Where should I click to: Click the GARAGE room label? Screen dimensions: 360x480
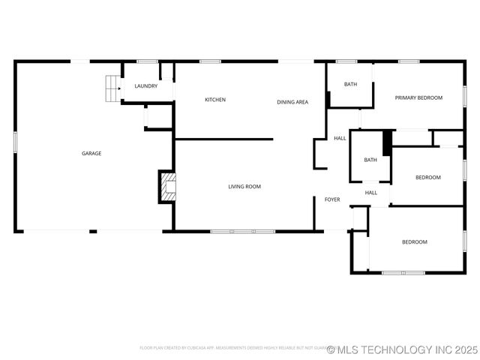[x=91, y=154]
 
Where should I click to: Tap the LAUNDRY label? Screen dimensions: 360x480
[x=146, y=86]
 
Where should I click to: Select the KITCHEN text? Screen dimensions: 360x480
[x=215, y=100]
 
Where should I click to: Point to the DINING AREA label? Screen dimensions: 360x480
[x=292, y=102]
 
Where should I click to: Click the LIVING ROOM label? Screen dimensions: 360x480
[x=244, y=186]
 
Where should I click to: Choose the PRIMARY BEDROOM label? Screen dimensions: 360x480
[x=418, y=97]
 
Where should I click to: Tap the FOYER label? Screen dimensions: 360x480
[x=332, y=199]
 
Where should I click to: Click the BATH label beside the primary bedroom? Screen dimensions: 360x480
[x=350, y=84]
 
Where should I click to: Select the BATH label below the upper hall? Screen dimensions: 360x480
[x=370, y=160]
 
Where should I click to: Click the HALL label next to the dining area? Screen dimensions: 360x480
[x=340, y=138]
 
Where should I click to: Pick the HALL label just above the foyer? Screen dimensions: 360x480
[x=371, y=193]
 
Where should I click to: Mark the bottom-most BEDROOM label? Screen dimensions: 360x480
[x=414, y=241]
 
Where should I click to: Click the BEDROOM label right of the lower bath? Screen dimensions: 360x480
[x=428, y=177]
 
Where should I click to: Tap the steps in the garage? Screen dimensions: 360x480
[x=112, y=88]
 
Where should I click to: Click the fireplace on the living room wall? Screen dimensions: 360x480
[x=166, y=187]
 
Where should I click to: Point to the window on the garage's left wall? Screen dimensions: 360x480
[x=15, y=142]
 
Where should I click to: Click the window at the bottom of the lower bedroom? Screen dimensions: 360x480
[x=403, y=272]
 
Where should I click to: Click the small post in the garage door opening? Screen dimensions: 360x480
[x=93, y=231]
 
